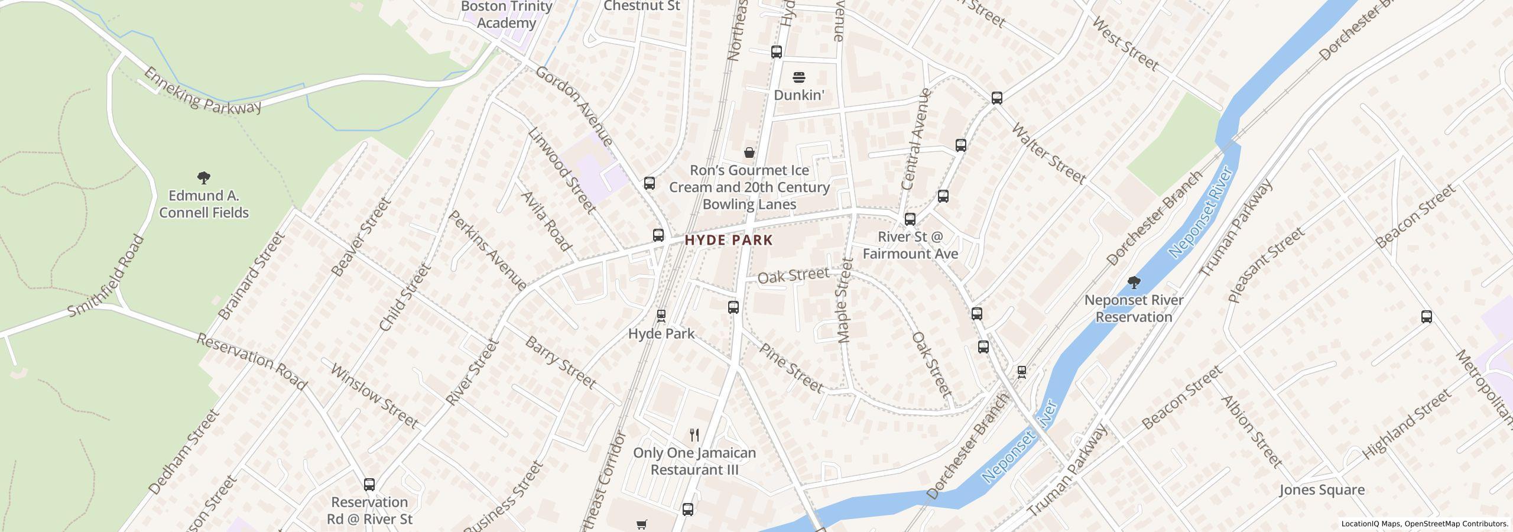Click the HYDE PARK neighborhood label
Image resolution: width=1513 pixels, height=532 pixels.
(x=729, y=240)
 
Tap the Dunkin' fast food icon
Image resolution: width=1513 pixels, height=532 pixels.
(x=798, y=77)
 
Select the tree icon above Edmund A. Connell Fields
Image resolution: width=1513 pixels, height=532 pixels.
(x=204, y=177)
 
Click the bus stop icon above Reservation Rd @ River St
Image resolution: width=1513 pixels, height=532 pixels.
(x=369, y=485)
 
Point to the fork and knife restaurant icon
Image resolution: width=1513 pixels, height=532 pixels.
(x=694, y=435)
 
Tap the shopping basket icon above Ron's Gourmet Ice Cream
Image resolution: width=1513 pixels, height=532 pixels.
(x=749, y=153)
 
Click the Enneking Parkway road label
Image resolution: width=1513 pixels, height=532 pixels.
(x=202, y=90)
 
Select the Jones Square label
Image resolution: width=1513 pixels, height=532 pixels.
(x=1322, y=489)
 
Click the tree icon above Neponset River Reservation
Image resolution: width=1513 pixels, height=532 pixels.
(x=1134, y=282)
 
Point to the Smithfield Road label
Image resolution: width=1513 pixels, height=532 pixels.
(x=106, y=275)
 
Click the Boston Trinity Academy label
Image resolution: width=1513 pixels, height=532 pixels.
(x=506, y=15)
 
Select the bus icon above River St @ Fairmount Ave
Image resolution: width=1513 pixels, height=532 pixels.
(x=910, y=219)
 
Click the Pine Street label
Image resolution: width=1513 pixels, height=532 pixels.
(x=791, y=368)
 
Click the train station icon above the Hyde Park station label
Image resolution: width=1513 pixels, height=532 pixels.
(x=661, y=315)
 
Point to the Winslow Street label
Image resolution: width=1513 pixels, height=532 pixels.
(x=374, y=395)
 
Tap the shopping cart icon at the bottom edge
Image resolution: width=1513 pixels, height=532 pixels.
(x=641, y=524)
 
